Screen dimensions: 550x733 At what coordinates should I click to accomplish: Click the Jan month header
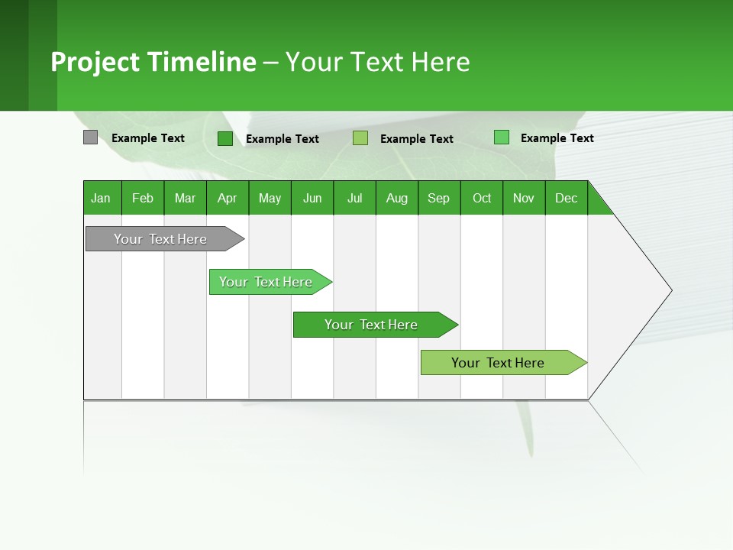102,198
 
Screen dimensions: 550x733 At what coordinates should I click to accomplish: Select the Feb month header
143,198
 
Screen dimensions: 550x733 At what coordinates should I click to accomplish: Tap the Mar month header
185,198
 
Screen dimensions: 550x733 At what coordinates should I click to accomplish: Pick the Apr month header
228,198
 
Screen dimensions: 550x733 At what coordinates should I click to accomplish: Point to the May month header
270,198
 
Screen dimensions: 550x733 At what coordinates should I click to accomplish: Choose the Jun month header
312,198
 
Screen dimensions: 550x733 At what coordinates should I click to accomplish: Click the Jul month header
354,198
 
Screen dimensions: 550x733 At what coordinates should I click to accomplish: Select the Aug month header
397,198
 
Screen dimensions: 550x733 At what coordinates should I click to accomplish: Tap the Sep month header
439,198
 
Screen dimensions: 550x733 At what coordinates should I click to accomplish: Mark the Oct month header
482,198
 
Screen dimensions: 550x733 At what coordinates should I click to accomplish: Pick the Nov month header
524,198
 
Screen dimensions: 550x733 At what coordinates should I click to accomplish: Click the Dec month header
567,198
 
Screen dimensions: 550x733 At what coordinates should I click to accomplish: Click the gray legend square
90,137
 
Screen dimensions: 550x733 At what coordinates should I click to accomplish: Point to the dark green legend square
225,138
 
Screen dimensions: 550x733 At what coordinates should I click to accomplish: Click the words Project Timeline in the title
153,62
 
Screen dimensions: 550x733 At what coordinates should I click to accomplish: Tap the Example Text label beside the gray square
148,138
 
